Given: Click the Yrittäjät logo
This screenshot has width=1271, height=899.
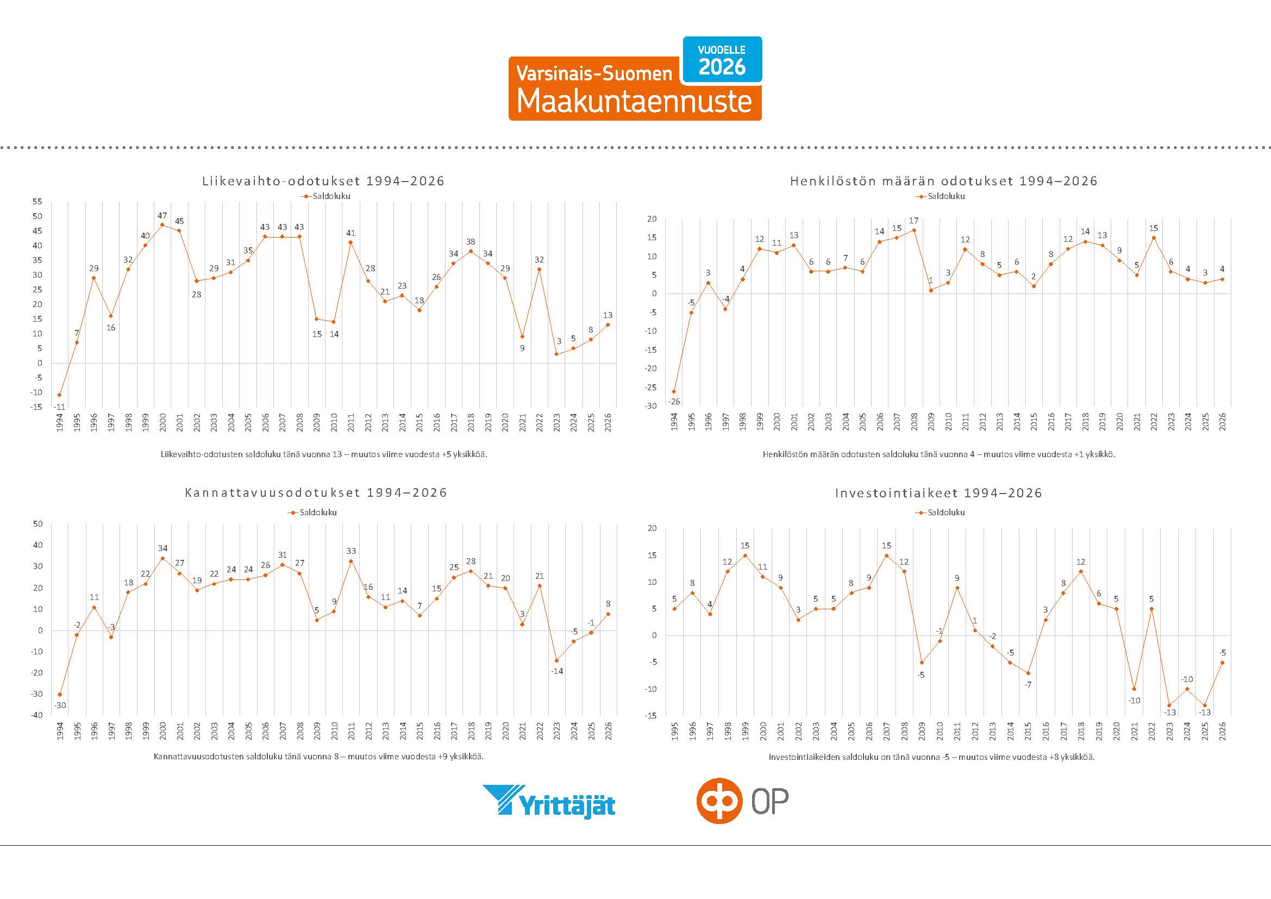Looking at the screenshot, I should pos(549,800).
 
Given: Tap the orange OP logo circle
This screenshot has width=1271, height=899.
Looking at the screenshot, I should pos(718,801).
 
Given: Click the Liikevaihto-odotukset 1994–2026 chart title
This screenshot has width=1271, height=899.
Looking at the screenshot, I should pos(323,181).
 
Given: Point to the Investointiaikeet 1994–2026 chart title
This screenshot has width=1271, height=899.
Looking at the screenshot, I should pos(938,492).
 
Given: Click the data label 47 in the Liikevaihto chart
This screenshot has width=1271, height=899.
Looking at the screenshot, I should pos(162,215).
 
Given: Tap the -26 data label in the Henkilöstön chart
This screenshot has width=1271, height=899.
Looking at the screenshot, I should pos(674,401).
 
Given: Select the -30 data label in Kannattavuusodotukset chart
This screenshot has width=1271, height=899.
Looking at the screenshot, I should pos(60,706).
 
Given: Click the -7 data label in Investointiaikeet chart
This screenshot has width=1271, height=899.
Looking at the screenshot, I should pos(1028,685).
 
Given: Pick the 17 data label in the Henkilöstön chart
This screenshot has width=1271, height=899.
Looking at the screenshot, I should pos(914,220).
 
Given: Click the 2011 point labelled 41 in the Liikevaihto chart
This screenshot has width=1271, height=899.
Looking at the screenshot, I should pos(350,242).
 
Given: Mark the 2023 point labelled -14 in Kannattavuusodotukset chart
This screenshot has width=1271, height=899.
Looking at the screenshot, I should pos(556,660).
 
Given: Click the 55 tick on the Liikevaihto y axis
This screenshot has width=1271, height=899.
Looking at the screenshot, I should pos(37,202).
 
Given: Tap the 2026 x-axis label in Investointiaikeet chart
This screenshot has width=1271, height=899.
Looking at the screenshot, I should pos(1222,731).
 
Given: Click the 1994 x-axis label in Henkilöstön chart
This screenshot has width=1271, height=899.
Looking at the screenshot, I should pos(674,421).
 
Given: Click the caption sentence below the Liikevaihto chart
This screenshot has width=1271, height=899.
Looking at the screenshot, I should pos(324,454).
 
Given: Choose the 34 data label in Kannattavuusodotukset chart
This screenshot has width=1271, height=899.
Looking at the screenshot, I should pos(163,548).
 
